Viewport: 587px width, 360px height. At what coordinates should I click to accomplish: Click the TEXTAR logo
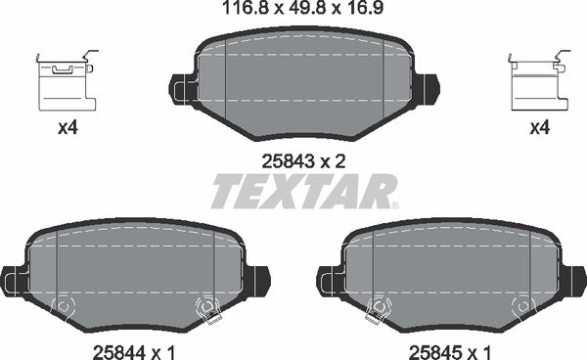coord(304,192)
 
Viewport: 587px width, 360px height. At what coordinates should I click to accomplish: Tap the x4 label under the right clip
coord(538,128)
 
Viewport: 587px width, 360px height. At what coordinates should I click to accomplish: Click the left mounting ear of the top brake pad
coord(182,90)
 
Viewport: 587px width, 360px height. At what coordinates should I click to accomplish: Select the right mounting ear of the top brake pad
coord(425,90)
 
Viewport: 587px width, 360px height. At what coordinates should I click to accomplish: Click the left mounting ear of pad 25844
coord(13,281)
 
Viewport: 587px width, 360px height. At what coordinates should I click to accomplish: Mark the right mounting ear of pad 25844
coord(256,281)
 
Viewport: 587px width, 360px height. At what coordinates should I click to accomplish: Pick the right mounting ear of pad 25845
coord(572,281)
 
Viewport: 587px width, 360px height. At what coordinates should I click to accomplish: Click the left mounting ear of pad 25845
coord(329,281)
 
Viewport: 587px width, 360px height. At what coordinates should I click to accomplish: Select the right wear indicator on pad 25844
coord(206,308)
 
